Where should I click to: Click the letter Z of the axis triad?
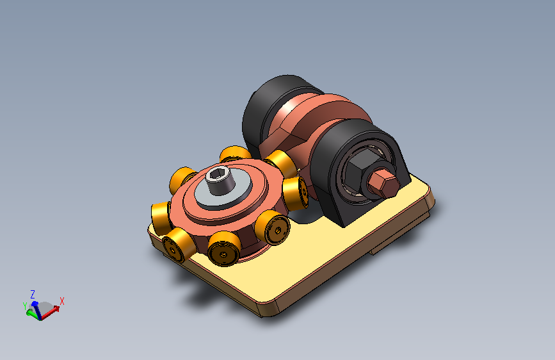[x=33, y=294]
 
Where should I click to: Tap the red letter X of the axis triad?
[x=62, y=301]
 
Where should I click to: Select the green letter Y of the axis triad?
[x=25, y=306]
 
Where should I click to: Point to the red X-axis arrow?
[x=50, y=312]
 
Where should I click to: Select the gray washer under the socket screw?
[x=223, y=188]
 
